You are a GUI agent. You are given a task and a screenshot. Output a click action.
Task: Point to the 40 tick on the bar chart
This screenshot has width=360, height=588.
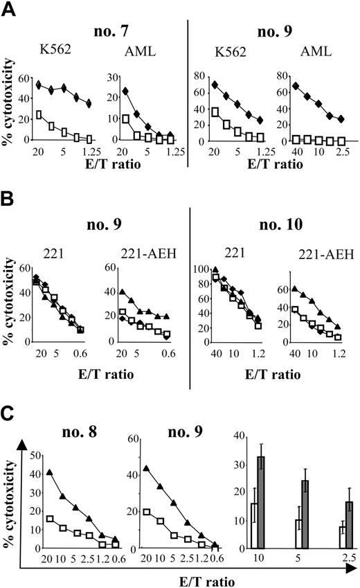coord(238,435)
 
